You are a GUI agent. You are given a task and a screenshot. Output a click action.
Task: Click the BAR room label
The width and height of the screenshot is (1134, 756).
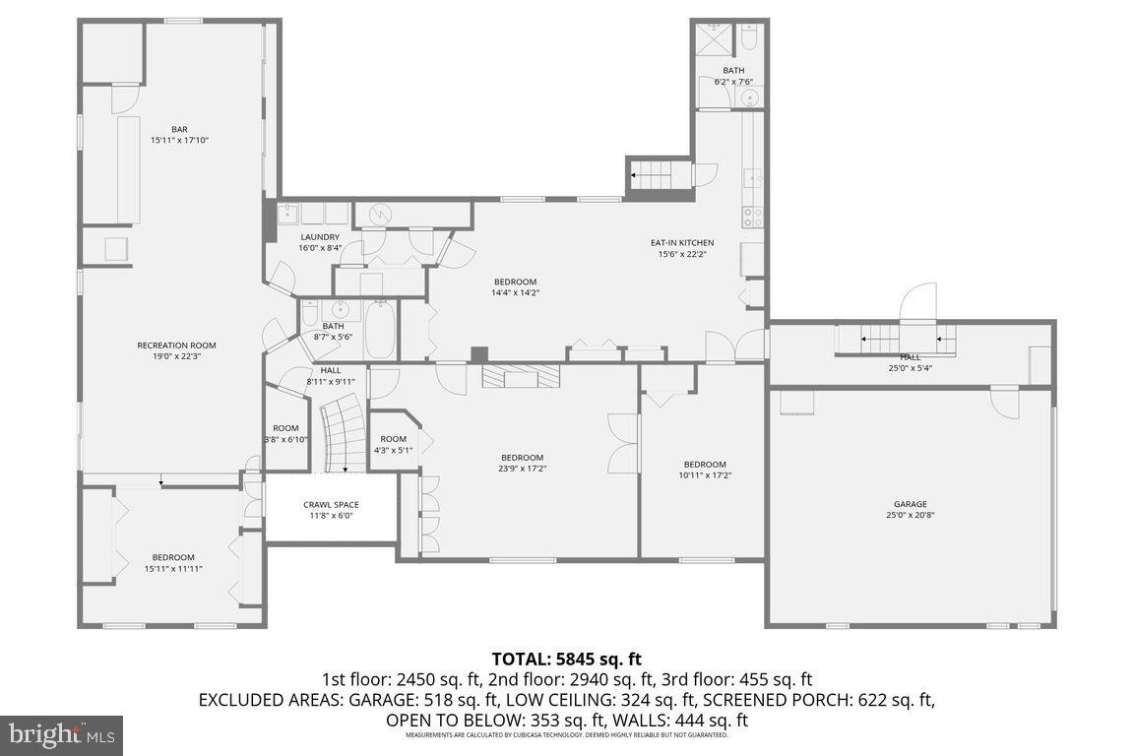[x=179, y=129]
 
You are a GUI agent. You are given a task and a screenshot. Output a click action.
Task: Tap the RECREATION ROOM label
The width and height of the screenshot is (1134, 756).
[x=176, y=346]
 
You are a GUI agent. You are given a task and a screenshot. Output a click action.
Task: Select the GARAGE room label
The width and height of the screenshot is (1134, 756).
[x=911, y=504]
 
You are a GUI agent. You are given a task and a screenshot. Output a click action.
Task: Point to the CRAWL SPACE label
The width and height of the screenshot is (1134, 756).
[x=331, y=505]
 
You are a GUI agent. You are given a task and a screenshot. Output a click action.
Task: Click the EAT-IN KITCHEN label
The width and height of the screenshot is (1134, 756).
[x=682, y=243]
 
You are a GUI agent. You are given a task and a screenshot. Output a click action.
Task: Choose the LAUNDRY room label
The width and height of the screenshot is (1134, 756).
[x=320, y=237]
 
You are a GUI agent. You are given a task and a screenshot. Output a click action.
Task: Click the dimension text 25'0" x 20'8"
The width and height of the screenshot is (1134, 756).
[x=911, y=515]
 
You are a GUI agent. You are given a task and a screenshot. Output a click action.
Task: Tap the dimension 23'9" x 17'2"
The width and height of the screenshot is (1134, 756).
[x=522, y=469]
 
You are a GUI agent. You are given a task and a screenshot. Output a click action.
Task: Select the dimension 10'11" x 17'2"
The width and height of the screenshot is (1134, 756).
[x=705, y=475]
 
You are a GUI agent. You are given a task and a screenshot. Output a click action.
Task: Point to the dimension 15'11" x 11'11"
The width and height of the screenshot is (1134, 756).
[x=173, y=569]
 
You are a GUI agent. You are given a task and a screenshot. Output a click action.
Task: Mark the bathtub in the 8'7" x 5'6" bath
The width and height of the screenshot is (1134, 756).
[x=381, y=331]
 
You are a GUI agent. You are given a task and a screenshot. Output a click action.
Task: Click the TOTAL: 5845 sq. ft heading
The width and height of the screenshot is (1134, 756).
[x=567, y=660]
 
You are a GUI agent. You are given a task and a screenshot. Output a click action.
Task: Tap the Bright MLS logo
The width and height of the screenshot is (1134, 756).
[x=61, y=734]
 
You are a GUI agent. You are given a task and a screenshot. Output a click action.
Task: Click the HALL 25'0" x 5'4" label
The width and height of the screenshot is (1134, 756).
[x=911, y=363]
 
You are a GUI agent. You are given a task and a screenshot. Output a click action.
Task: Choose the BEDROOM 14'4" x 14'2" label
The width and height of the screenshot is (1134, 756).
[x=516, y=286]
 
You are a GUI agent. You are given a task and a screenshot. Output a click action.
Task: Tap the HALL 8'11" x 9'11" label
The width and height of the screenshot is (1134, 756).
[x=331, y=375]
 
